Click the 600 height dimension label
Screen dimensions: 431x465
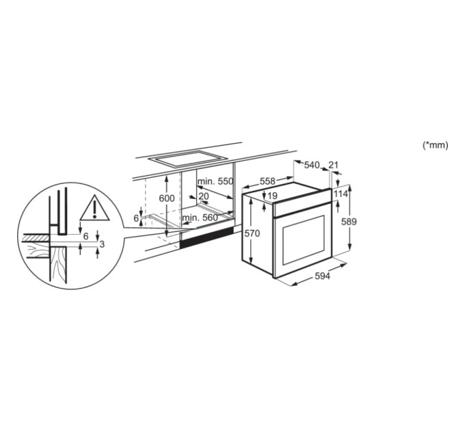(167, 198)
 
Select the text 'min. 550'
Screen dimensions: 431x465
(215, 183)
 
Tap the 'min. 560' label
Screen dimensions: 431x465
(200, 218)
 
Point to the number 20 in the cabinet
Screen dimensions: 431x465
(204, 196)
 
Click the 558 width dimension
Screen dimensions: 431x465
(267, 181)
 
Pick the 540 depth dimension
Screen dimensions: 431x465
(312, 165)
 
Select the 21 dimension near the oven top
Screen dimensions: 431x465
(334, 165)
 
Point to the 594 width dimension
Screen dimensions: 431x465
(322, 276)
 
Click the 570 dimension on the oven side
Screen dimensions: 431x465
(252, 233)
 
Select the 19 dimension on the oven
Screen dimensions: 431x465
(273, 197)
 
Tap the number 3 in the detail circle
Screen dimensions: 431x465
(102, 244)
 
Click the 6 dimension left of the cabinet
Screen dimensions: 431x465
(136, 218)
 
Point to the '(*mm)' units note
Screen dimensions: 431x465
(435, 145)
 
